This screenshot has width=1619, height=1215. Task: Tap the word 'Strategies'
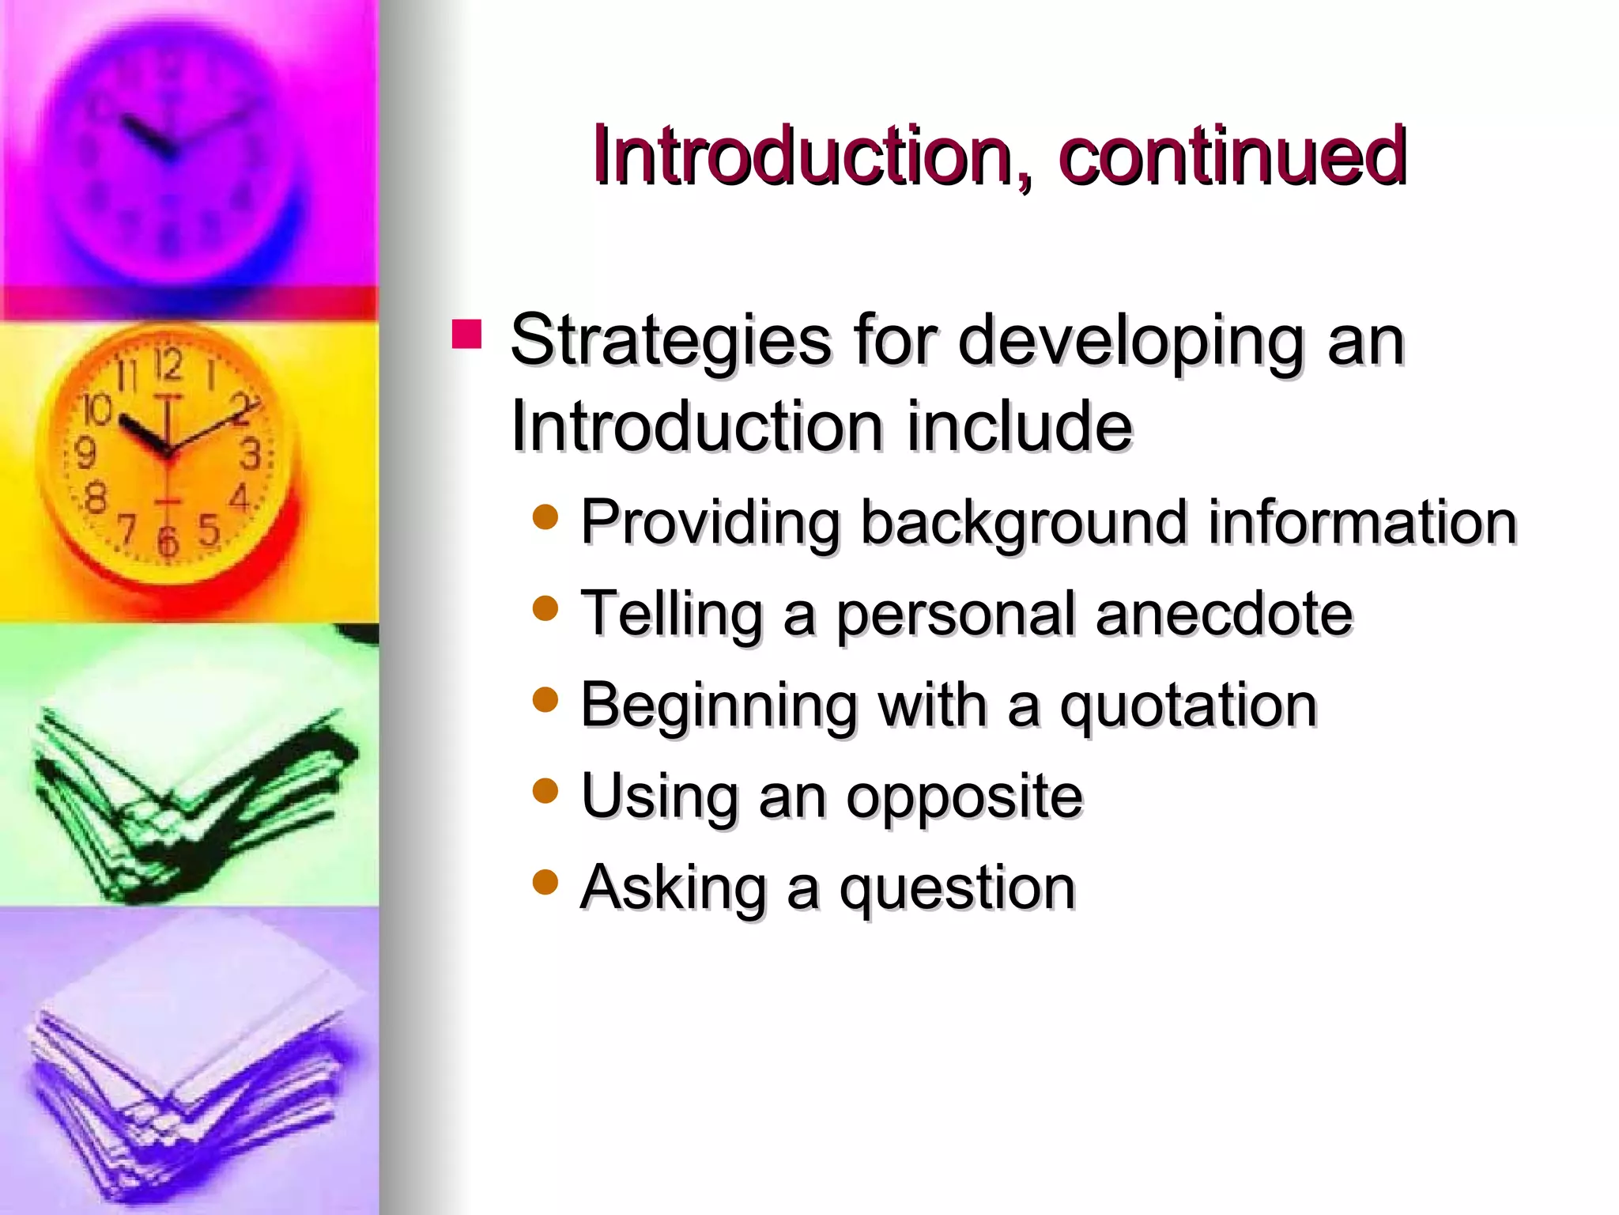pos(670,341)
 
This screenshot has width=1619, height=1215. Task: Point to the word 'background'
pos(1024,523)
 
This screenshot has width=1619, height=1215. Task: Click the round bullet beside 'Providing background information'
pos(545,517)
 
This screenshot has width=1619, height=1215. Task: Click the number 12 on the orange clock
pos(168,365)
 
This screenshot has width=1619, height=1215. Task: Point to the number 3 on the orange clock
pos(251,455)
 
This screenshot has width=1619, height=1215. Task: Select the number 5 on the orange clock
pos(208,529)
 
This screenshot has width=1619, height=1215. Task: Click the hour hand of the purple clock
pos(147,136)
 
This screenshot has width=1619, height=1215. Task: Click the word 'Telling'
pos(671,614)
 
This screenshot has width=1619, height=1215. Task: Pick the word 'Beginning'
pos(718,706)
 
